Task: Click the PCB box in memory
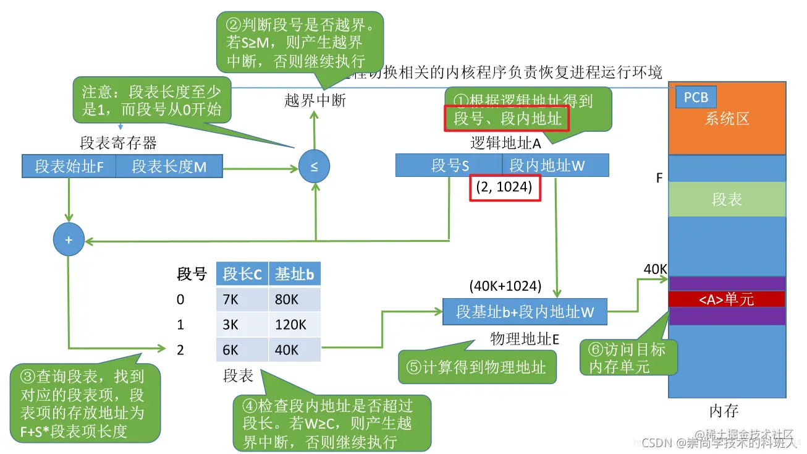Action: pos(696,98)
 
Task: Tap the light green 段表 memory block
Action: pos(727,199)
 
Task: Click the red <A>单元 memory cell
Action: pos(727,299)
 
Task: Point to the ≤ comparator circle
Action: pos(314,166)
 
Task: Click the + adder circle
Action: pos(69,240)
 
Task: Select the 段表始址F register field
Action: pos(69,166)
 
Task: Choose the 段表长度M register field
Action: pos(169,166)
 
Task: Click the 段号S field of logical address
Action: pos(449,165)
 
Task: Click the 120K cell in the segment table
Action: pos(294,325)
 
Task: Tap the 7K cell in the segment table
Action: pos(242,300)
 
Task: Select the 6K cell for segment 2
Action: pos(242,350)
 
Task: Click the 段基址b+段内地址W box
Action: pos(525,312)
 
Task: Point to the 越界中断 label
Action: pos(315,101)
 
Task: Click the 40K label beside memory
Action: pos(655,269)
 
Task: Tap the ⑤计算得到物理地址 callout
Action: pos(476,367)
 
